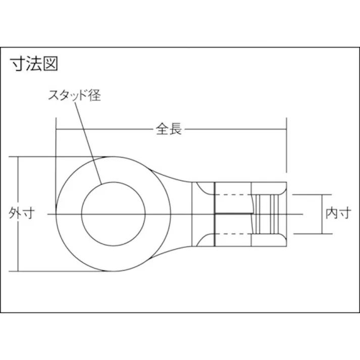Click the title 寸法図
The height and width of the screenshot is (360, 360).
click(x=35, y=65)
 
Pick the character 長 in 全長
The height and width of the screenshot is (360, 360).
click(x=175, y=129)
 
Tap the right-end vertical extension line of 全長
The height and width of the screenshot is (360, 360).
click(x=287, y=146)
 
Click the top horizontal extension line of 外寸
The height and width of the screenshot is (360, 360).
click(x=61, y=157)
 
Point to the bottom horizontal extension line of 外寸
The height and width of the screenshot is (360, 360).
click(x=61, y=272)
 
